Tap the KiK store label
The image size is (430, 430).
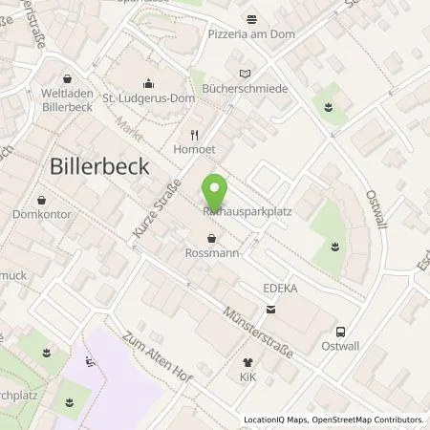tap(248, 378)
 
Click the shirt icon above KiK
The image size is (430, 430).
tap(248, 363)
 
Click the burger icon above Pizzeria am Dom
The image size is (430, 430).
tap(253, 18)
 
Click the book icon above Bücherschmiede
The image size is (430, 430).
tap(247, 73)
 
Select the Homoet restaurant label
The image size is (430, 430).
tap(193, 149)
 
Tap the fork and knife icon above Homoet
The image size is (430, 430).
tap(193, 135)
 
